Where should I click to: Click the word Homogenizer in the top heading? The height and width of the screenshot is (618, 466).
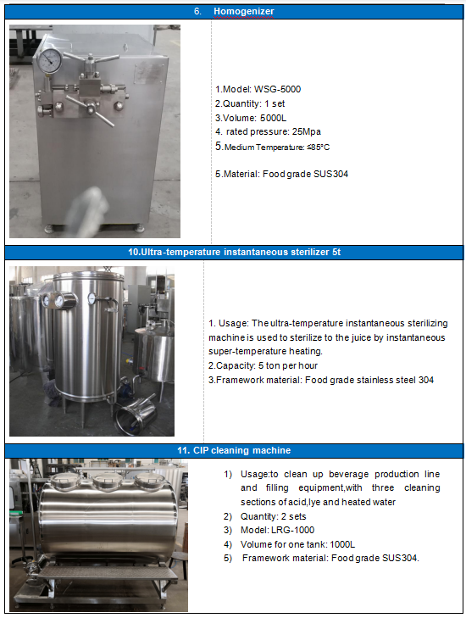(x=243, y=11)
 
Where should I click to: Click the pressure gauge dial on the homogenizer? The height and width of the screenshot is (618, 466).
(x=50, y=61)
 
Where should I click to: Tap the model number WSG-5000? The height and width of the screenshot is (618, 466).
(x=277, y=90)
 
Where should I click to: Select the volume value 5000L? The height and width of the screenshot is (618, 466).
(x=273, y=118)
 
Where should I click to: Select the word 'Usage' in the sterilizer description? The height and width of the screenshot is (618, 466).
(x=233, y=324)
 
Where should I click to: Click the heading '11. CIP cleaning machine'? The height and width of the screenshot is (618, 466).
(x=234, y=450)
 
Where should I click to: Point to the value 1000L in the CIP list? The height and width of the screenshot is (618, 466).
(x=342, y=544)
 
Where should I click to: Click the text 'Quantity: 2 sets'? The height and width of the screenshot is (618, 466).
(x=274, y=516)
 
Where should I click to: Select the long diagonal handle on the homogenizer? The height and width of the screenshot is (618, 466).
(x=91, y=111)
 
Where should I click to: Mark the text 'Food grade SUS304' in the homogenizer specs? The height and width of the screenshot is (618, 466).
(x=305, y=174)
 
